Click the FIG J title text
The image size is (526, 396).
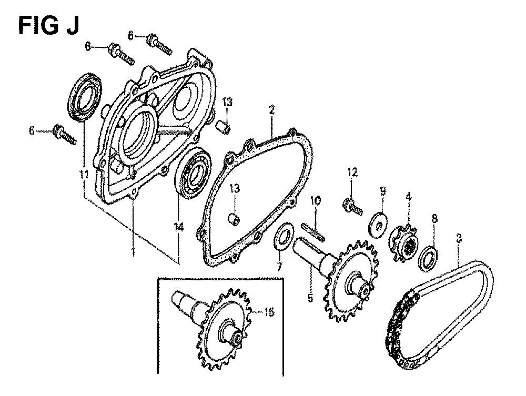pos(48,25)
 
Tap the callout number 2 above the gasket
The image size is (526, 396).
pos(271,110)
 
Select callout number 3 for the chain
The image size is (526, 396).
pos(459,238)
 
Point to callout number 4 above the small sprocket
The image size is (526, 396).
pos(408,197)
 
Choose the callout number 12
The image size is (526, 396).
pos(352,172)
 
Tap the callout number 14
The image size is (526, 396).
pos(179,228)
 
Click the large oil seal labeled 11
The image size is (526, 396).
pos(85,97)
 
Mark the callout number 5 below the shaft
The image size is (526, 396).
pos(310,298)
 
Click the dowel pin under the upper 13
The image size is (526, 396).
pos(224,127)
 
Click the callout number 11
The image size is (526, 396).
pos(84,175)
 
